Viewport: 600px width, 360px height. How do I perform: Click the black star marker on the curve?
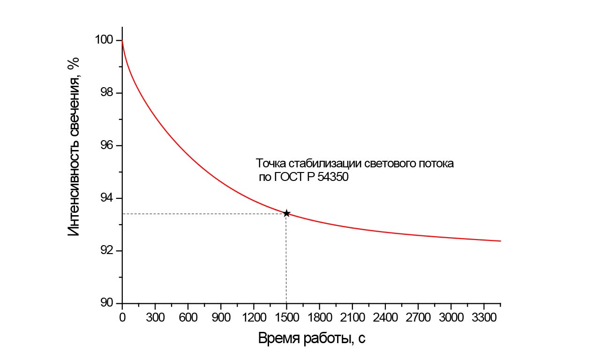286,214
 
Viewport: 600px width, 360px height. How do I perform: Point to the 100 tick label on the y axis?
104,40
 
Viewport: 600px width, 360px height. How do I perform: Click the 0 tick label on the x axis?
122,317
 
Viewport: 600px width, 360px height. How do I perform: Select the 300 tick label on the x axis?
155,317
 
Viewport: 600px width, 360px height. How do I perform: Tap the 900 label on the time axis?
221,317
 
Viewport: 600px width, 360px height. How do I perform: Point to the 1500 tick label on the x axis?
286,317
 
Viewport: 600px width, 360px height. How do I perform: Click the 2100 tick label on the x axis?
352,317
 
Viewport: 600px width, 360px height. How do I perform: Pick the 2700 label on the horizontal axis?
418,317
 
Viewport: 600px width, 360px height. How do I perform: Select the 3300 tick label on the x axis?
484,317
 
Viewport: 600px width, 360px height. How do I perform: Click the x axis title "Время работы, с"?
312,339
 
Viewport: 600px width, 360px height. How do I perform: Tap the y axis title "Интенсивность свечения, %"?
75,146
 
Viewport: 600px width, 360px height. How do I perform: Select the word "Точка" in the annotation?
270,164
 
